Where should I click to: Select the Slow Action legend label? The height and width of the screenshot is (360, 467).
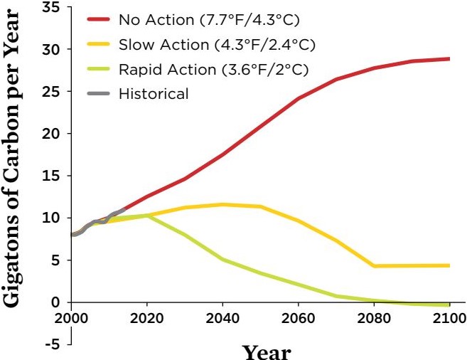(217, 46)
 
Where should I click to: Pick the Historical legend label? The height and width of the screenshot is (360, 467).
(154, 93)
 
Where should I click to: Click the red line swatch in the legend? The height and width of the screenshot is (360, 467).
(99, 21)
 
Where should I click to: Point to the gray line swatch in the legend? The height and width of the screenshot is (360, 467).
(99, 93)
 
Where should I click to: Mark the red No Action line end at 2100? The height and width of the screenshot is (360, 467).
(449, 58)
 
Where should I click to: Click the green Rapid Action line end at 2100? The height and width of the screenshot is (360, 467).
(449, 305)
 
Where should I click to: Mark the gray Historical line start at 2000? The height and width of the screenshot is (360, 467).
(73, 234)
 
